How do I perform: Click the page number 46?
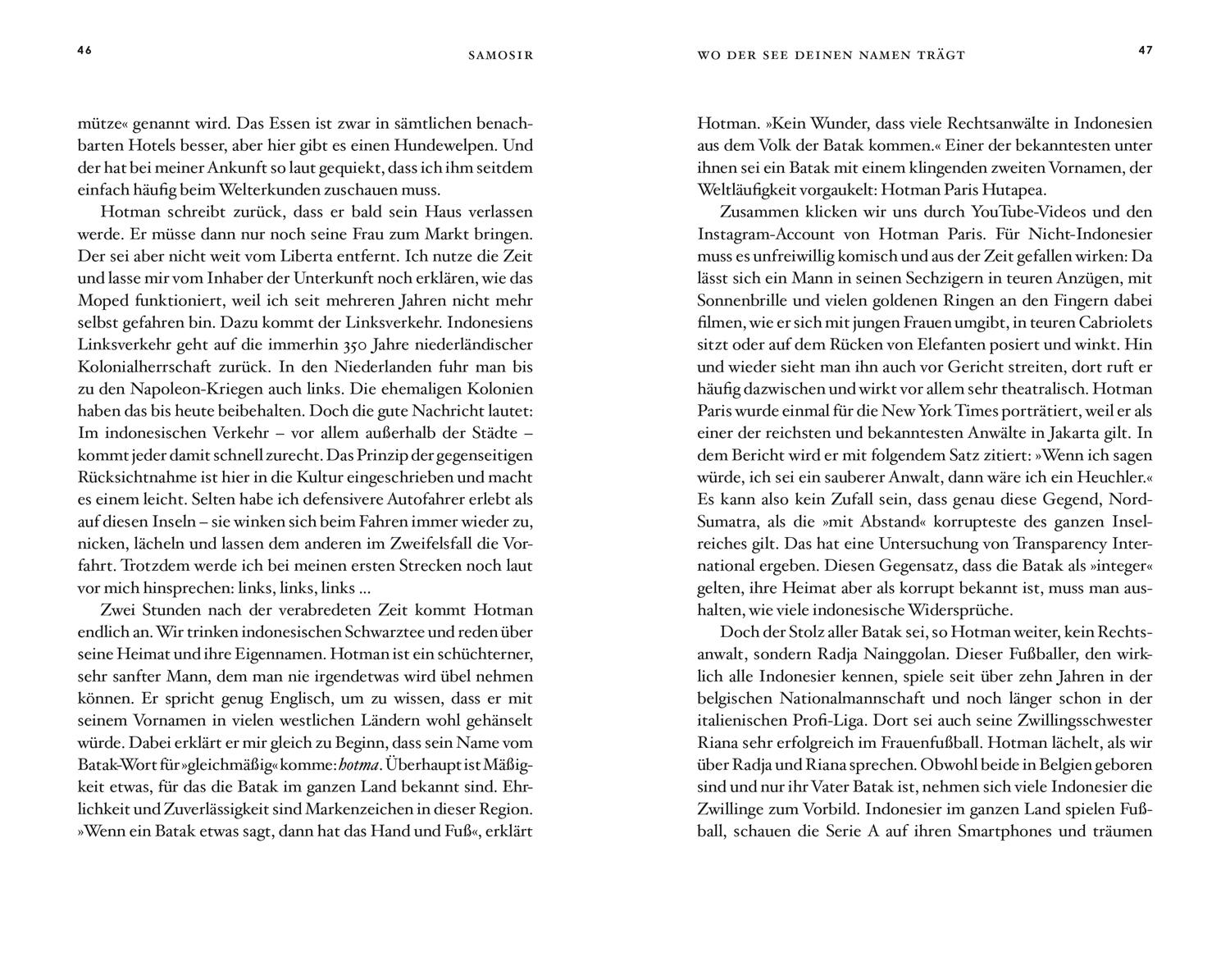pyautogui.click(x=84, y=50)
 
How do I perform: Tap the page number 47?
pyautogui.click(x=1146, y=50)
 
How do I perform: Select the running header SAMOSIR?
pyautogui.click(x=500, y=56)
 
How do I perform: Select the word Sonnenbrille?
pyautogui.click(x=741, y=301)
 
